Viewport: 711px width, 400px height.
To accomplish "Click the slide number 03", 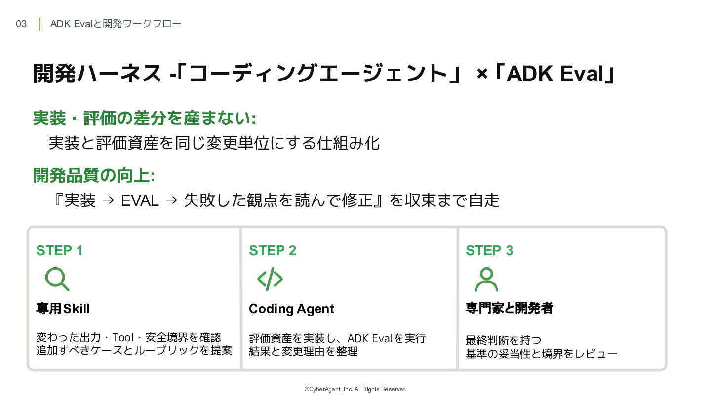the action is (x=21, y=24).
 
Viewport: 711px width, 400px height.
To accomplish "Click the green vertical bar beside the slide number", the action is (x=39, y=24).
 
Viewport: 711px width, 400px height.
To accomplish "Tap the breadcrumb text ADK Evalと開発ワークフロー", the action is (x=116, y=24).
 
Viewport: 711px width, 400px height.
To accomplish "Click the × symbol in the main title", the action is (x=482, y=74).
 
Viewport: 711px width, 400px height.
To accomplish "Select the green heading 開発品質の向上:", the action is (x=94, y=176).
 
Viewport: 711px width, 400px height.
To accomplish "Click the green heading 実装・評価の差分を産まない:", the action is (x=144, y=118).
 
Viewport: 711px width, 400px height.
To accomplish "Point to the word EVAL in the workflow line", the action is (x=140, y=200).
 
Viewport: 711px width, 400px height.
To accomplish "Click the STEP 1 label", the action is (x=60, y=250).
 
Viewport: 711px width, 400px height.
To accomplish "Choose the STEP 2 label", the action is (x=273, y=250).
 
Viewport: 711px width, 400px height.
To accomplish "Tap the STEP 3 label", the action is (x=489, y=250).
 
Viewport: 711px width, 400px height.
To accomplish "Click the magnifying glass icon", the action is (x=56, y=278).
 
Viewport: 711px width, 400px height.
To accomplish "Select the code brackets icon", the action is (x=270, y=279).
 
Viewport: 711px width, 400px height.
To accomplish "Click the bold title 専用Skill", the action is (x=63, y=309).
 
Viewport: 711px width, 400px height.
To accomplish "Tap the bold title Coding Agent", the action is (x=291, y=309).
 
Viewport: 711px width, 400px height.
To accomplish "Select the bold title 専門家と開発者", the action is (x=510, y=308).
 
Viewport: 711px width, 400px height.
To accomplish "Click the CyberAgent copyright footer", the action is (x=355, y=389).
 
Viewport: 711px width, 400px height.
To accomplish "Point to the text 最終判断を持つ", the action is (x=504, y=340).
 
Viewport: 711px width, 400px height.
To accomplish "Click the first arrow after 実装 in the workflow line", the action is (x=108, y=200).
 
